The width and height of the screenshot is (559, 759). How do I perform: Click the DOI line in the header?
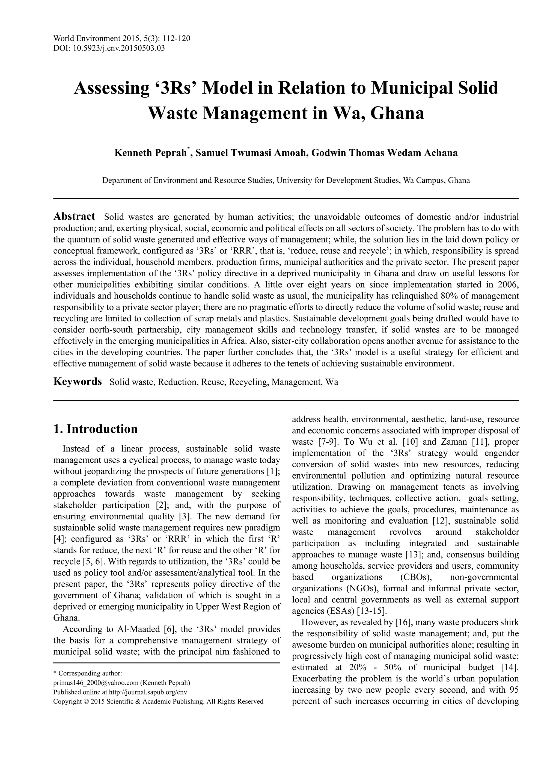pyautogui.click(x=109, y=48)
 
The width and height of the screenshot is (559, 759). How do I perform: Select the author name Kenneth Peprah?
pyautogui.click(x=151, y=153)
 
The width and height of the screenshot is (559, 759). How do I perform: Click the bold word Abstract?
pyautogui.click(x=75, y=216)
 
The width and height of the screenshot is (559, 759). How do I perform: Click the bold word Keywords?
pyautogui.click(x=78, y=382)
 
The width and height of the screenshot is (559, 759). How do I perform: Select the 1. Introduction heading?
pyautogui.click(x=96, y=429)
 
